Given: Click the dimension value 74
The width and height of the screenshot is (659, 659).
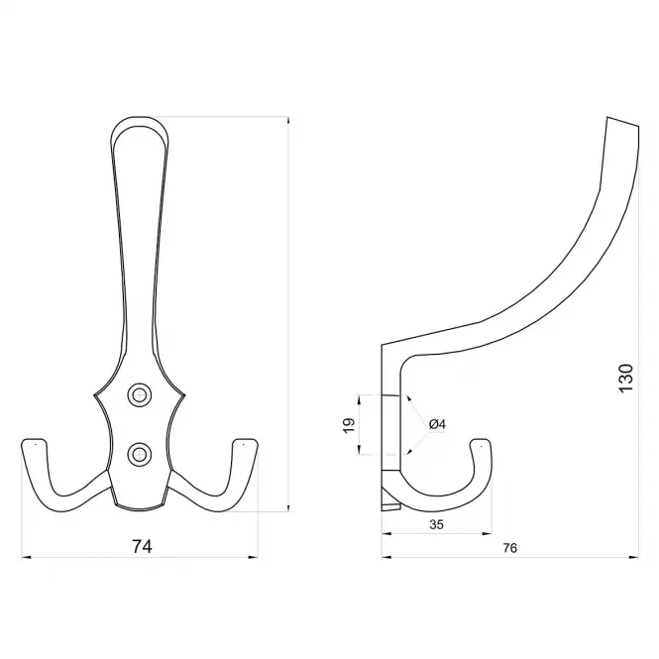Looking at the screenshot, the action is (x=142, y=546).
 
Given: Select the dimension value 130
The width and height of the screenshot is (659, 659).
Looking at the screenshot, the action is (x=625, y=379).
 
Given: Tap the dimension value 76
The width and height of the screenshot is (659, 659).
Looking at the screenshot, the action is (x=509, y=548).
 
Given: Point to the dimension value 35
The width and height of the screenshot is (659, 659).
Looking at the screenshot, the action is (x=437, y=524).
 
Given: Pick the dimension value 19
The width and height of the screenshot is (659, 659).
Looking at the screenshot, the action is (x=349, y=425).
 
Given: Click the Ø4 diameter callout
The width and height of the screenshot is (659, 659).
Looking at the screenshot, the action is (x=437, y=424).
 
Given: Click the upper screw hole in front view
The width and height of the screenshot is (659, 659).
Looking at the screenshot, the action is (x=139, y=395).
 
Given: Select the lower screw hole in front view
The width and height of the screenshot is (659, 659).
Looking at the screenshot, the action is (x=139, y=454).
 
